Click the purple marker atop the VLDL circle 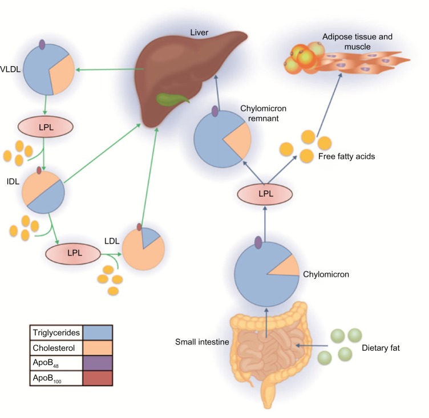coord(42,44)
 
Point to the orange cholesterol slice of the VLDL coord(62,72)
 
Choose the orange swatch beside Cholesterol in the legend coord(98,347)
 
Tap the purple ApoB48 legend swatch coord(98,362)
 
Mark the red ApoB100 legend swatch coord(98,378)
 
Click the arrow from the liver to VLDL coord(108,70)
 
